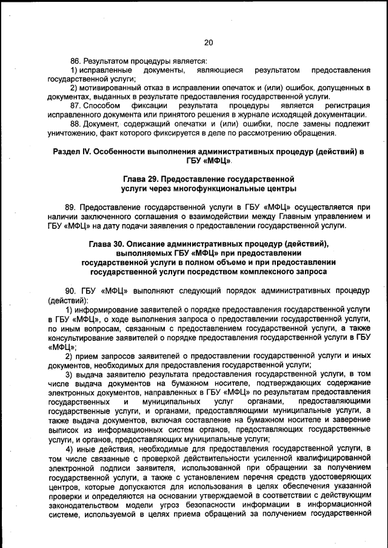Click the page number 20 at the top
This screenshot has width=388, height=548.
point(208,42)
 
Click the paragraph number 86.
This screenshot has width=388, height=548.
point(76,61)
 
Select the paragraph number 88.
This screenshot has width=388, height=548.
point(76,124)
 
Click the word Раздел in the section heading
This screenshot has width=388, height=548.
point(67,151)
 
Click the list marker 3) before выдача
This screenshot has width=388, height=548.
point(70,375)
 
